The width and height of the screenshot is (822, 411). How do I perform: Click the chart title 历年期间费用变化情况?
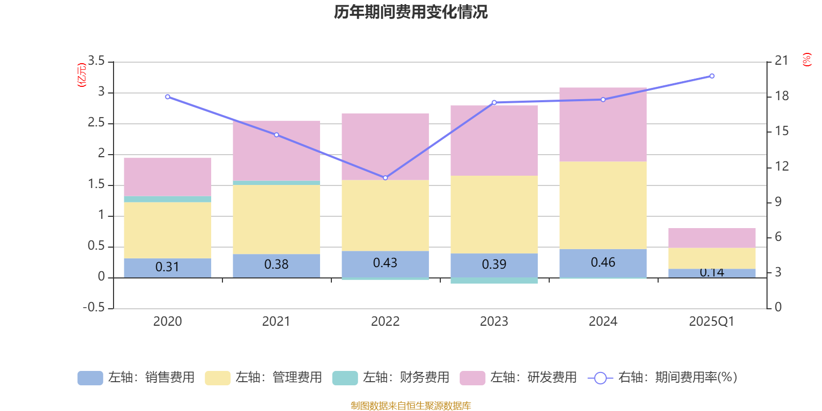pos(410,12)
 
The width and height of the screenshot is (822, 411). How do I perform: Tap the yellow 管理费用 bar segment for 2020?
pos(167,230)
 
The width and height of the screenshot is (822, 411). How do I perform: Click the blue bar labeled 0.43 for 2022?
pos(385,264)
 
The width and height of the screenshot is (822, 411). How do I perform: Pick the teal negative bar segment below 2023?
pos(494,281)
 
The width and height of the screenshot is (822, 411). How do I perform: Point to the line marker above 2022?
pos(385,178)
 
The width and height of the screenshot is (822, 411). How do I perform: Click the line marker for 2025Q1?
pos(712,76)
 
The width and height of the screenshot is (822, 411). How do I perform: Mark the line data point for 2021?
pos(276,135)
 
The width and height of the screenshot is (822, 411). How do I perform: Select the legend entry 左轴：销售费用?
pos(136,378)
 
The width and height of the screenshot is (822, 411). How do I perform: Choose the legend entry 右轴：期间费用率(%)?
pos(663,378)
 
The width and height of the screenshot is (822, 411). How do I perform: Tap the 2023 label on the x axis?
pos(494,322)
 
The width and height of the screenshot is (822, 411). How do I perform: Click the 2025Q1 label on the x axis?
pos(712,322)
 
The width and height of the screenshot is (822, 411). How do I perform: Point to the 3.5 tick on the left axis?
pos(96,61)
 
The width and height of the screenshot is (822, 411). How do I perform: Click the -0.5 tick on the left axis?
pos(94,307)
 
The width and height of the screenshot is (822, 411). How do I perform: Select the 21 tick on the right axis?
pos(781,61)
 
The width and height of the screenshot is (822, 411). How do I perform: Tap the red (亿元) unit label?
pos(81,75)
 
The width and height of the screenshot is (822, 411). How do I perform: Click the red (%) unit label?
pos(807,60)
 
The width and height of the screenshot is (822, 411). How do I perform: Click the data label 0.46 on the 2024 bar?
pos(603,263)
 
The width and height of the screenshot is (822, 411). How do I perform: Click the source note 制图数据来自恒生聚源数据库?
pos(410,406)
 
